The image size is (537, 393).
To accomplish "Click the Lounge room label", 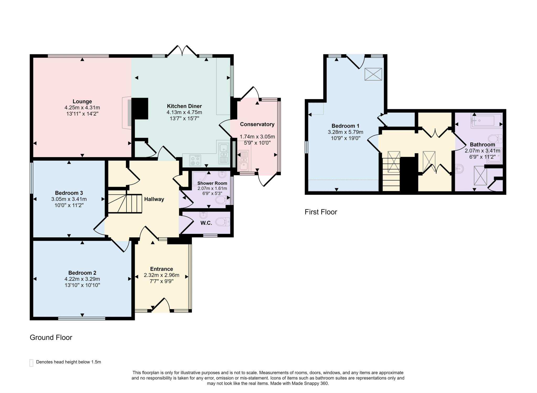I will (82, 101).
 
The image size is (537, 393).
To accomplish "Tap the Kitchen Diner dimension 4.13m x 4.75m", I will (184, 112).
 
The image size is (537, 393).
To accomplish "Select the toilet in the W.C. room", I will (222, 222).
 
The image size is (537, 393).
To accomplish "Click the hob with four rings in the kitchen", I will (195, 160).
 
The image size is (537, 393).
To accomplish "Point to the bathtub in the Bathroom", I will (486, 121).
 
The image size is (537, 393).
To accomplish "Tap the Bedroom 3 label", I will (69, 193).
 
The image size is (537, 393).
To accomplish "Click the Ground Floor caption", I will (51, 337).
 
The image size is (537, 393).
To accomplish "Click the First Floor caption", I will (321, 212).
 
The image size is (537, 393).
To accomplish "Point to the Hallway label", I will (154, 199).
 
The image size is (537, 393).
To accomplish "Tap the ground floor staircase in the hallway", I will (125, 202).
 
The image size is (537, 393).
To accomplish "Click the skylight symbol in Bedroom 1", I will (373, 74).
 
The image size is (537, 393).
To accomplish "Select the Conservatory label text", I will (257, 124).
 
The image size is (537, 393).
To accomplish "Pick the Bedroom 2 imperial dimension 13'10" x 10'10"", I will (82, 285).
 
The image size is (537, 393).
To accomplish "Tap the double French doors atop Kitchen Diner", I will (182, 51).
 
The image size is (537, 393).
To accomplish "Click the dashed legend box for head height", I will (31, 363).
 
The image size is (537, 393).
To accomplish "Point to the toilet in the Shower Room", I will (222, 200).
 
